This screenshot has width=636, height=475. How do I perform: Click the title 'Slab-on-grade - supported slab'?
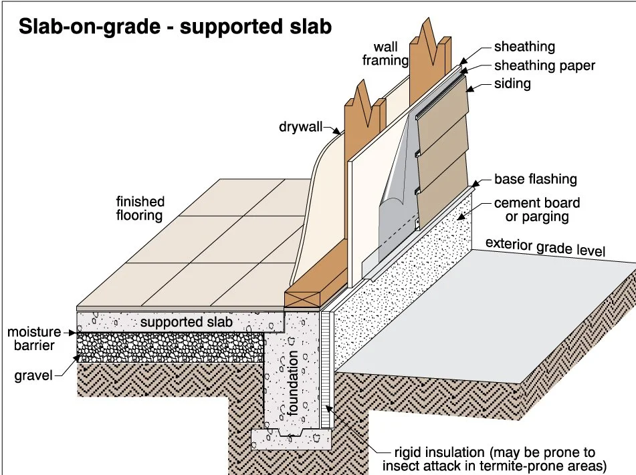(x=175, y=27)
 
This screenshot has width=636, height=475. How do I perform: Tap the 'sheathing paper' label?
(x=544, y=65)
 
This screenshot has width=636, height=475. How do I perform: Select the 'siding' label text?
(x=512, y=84)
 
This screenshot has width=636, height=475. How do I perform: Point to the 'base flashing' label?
(x=535, y=180)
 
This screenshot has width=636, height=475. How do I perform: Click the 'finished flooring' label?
(x=140, y=208)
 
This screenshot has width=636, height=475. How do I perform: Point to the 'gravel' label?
(x=33, y=376)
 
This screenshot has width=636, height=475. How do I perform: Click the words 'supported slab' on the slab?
(x=187, y=322)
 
